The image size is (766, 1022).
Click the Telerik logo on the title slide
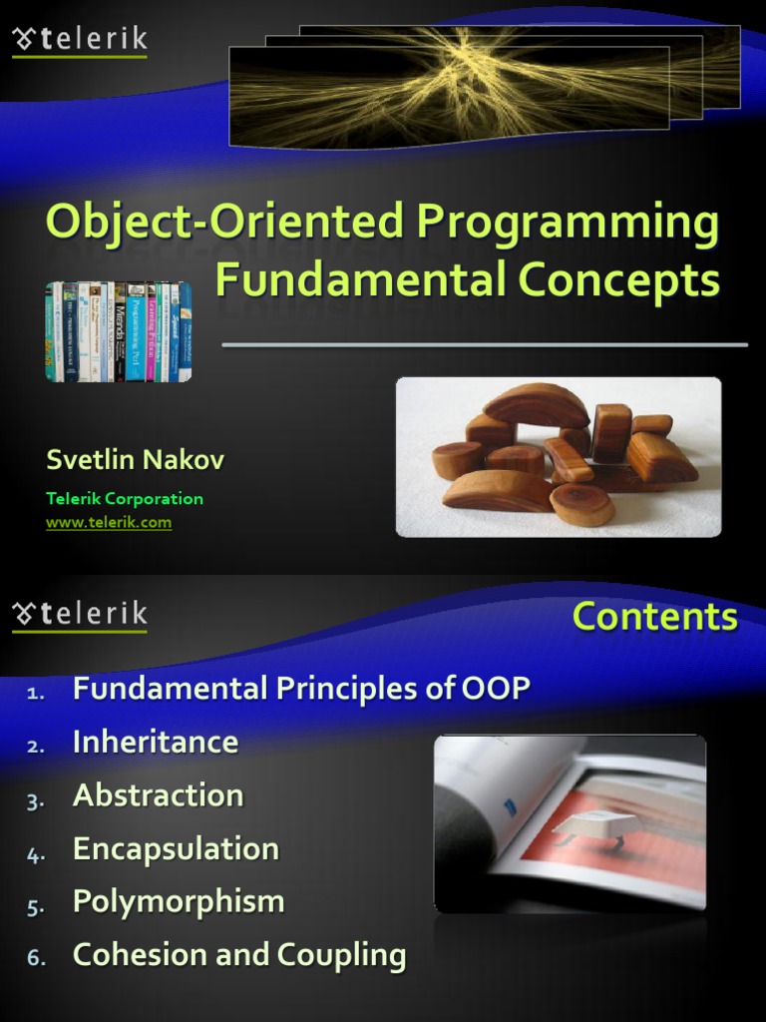click(x=80, y=40)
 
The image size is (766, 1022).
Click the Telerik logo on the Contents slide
click(x=80, y=615)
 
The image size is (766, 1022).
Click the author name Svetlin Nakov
click(x=135, y=460)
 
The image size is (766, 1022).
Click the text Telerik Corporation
click(x=125, y=499)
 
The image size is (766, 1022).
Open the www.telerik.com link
click(x=109, y=522)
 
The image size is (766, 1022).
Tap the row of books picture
click(x=118, y=331)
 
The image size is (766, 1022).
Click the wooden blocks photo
click(x=559, y=457)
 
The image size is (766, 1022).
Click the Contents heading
click(x=654, y=617)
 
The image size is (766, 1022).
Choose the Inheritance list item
click(x=156, y=743)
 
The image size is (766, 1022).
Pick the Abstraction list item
click(x=158, y=795)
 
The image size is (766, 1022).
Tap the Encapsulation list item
click(x=176, y=849)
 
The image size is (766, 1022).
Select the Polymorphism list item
click(x=179, y=902)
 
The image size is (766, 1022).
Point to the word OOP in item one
click(x=496, y=689)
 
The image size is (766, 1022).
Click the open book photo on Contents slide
click(x=570, y=823)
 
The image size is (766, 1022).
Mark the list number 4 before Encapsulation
click(x=36, y=853)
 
